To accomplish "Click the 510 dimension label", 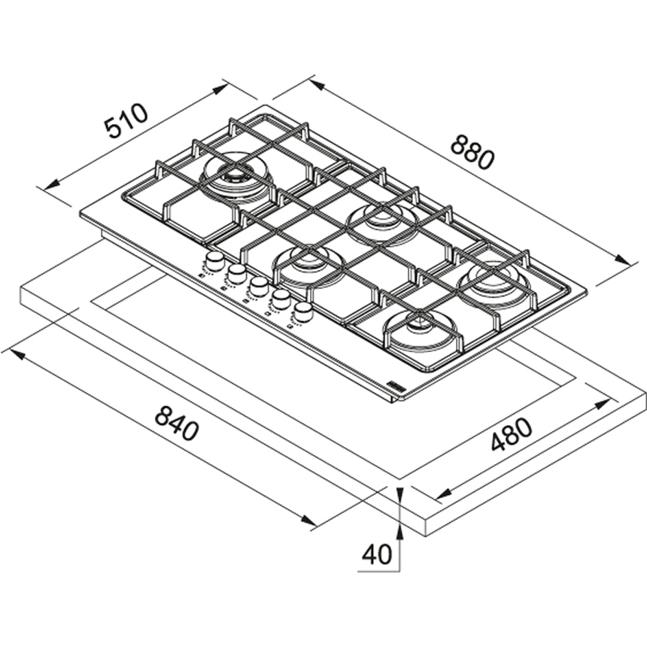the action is click(126, 120).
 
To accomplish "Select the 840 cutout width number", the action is click(177, 423).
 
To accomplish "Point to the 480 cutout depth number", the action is click(512, 435).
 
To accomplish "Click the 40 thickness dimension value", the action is click(377, 554).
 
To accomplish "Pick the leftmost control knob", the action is click(214, 263).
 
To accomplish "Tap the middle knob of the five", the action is click(258, 286).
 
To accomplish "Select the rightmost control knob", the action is click(304, 311).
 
